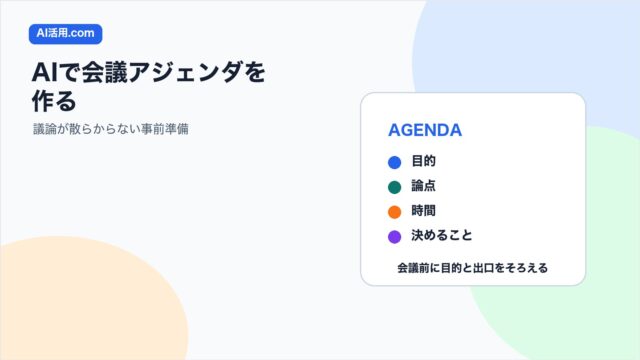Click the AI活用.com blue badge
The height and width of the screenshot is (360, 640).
pos(65,34)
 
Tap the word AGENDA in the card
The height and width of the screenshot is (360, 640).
pos(425,130)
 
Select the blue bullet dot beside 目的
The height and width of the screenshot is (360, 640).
pos(394,162)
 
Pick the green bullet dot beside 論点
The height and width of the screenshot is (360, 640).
pos(394,187)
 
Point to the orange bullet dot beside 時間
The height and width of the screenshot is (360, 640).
pos(394,212)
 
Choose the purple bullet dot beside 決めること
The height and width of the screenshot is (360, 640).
pos(394,237)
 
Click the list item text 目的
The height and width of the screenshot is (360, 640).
pos(423,161)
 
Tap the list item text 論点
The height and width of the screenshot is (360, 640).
pos(423,186)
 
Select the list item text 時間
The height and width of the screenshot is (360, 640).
pos(423,211)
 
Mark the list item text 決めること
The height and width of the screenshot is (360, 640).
pos(442,236)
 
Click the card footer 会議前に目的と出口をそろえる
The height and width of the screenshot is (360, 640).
pos(473,268)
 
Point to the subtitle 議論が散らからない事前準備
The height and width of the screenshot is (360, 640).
pos(111,129)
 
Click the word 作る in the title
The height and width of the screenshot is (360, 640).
pos(54,101)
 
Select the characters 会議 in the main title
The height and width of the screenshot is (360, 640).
pos(105,72)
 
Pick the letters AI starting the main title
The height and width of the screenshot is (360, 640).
pos(45,73)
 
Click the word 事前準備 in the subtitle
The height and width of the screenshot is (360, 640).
pos(164,129)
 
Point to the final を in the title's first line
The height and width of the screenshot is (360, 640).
pos(255,72)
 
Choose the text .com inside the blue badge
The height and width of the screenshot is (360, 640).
pos(82,33)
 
